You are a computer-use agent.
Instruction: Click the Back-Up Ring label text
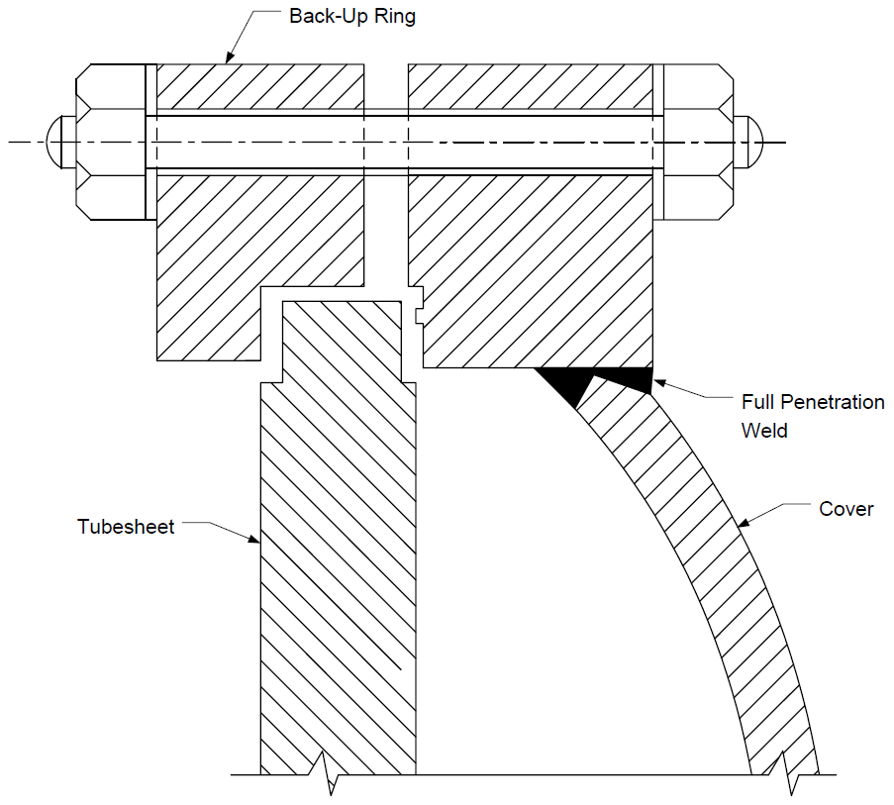click(x=352, y=17)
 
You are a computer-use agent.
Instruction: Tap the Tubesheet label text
click(x=126, y=526)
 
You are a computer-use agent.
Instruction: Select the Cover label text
click(x=846, y=509)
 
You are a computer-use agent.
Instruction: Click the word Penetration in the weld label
click(x=833, y=402)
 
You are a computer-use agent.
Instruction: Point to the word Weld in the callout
click(x=764, y=430)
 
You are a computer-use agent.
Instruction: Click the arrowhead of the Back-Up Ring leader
click(x=230, y=56)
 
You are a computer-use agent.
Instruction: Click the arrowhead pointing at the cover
click(x=744, y=522)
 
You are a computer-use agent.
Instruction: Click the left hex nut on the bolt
click(x=111, y=142)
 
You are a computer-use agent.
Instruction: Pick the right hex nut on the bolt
click(x=698, y=142)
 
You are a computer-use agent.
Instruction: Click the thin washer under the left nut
click(x=151, y=142)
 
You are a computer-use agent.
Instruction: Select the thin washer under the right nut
click(x=658, y=142)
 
